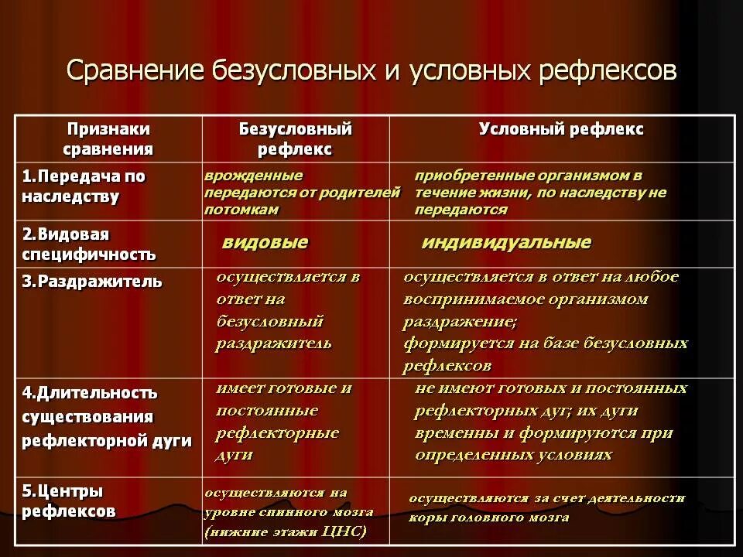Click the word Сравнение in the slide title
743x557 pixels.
[x=135, y=71]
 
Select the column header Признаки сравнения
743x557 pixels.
[x=108, y=138]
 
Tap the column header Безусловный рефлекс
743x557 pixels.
[x=295, y=138]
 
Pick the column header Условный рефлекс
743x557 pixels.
[x=561, y=129]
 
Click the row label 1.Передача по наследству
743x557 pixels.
[x=84, y=186]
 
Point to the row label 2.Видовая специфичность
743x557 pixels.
[x=88, y=244]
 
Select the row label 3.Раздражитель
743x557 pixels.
[x=92, y=282]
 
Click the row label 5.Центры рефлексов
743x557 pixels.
[x=69, y=501]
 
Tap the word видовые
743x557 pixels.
[x=265, y=242]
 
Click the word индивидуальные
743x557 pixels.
[x=506, y=242]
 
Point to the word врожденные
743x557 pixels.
[x=254, y=176]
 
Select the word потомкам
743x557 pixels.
[x=241, y=210]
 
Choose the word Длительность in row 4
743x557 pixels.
[x=97, y=393]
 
